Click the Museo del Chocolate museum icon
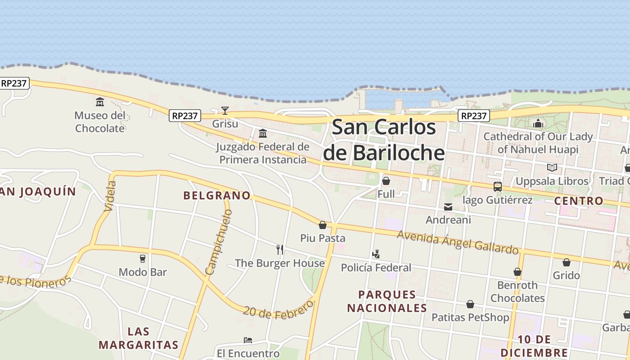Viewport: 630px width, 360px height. point(99,102)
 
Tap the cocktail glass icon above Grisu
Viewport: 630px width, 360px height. point(225,110)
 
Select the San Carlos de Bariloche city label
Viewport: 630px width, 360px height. point(384,140)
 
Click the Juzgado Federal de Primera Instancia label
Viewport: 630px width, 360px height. point(263,153)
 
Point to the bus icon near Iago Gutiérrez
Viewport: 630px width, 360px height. point(497,186)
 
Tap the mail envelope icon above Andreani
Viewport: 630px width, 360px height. point(448,207)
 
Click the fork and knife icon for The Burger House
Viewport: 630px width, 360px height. point(280,250)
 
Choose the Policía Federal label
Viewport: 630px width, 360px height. point(376,268)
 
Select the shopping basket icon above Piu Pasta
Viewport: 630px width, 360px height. point(323,225)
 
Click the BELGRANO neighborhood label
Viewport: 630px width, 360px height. point(216,195)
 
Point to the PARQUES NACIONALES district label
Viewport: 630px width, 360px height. point(387,301)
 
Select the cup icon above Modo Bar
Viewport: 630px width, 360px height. point(143,259)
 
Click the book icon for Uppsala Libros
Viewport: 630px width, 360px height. point(552,168)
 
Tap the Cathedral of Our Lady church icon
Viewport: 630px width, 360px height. point(538,123)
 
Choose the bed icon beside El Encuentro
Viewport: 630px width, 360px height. point(247,340)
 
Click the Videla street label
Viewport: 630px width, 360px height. point(110,196)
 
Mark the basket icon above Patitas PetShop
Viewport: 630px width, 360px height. point(470,305)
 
